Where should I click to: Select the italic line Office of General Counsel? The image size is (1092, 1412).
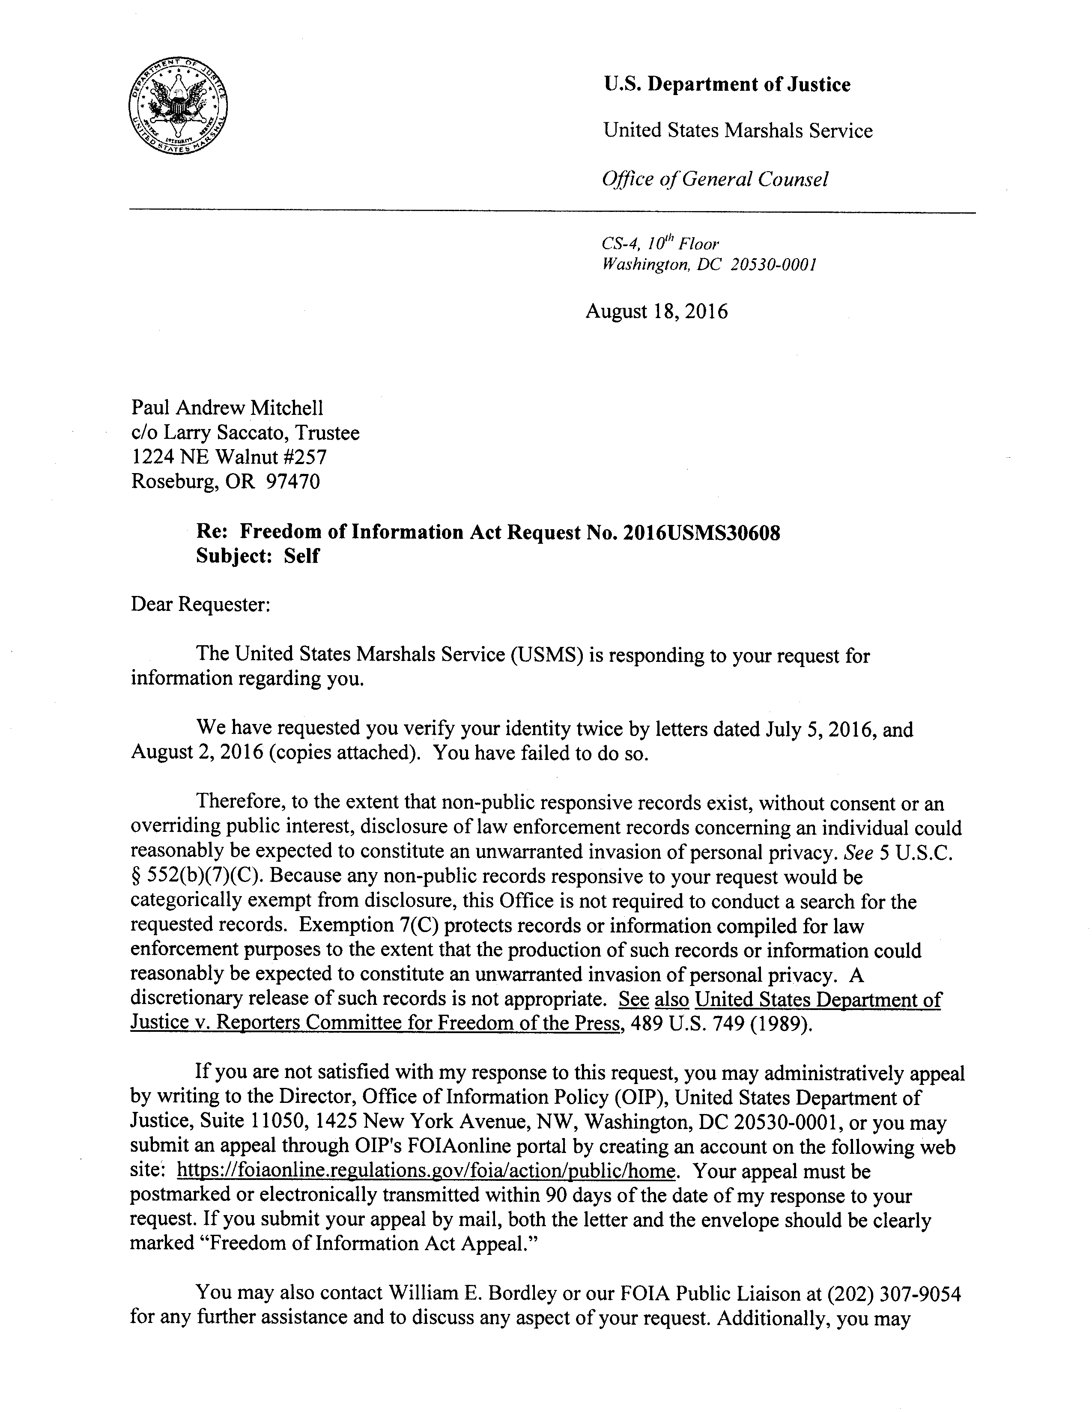(x=714, y=179)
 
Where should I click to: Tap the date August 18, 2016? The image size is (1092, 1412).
(x=656, y=312)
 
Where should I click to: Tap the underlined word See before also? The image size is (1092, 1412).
(x=634, y=1000)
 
